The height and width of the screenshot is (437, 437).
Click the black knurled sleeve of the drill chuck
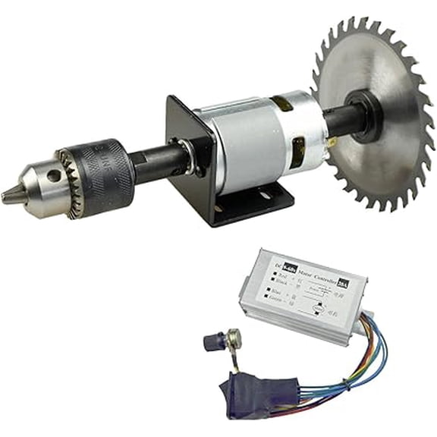coord(106,173)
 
